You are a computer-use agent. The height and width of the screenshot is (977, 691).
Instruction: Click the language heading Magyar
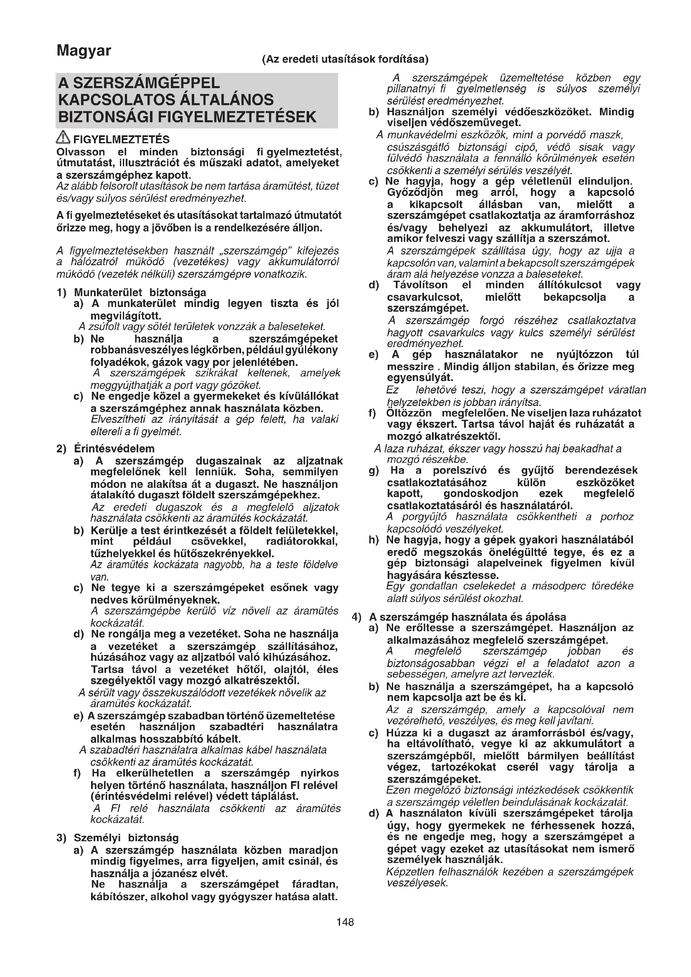(x=84, y=51)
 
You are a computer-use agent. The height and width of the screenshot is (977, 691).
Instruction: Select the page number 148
(x=345, y=922)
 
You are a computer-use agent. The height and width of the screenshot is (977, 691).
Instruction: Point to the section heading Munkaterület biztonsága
(x=140, y=292)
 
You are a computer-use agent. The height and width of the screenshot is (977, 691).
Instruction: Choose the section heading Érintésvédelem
(x=114, y=449)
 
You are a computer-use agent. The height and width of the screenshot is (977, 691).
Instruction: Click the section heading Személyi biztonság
(x=126, y=838)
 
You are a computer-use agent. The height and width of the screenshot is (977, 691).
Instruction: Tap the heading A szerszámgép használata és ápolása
(x=467, y=617)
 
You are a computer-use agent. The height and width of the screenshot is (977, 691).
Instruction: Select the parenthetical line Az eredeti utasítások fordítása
(x=345, y=59)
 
